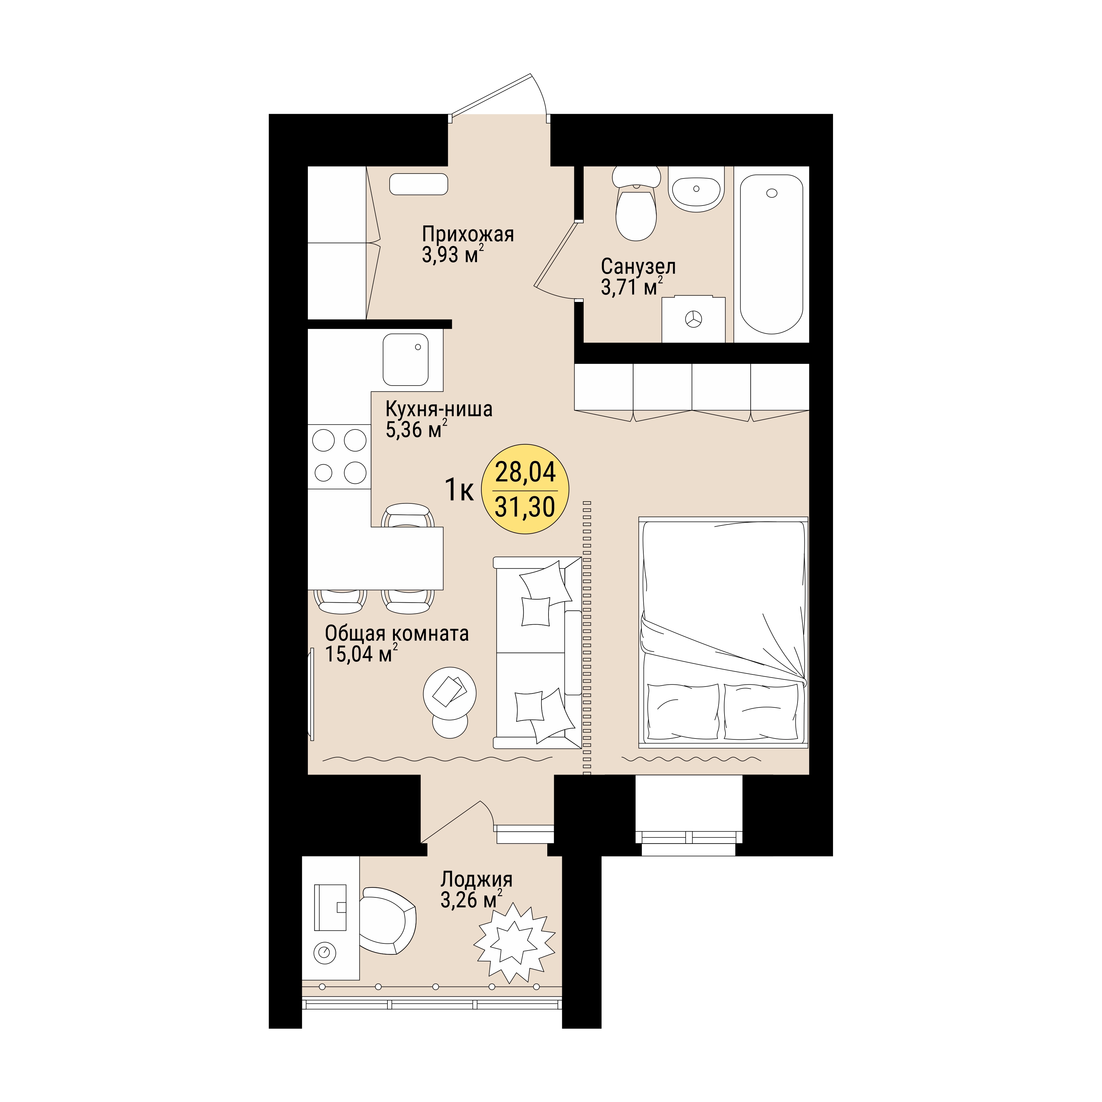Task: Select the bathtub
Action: point(771,254)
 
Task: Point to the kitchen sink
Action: point(405,360)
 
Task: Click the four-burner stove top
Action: point(339,456)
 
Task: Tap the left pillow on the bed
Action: point(683,711)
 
